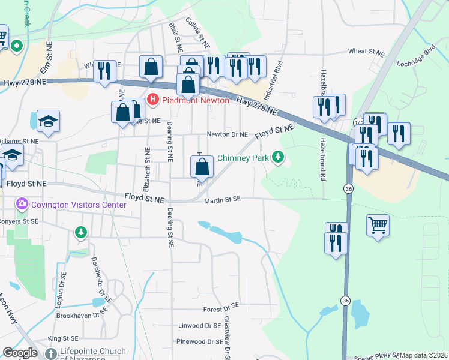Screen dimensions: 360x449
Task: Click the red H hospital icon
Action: pyautogui.click(x=153, y=100)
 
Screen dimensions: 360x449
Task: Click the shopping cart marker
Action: pyautogui.click(x=378, y=226)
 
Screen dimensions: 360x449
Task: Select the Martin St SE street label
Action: pyautogui.click(x=221, y=199)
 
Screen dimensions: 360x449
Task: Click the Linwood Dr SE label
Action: pyautogui.click(x=200, y=326)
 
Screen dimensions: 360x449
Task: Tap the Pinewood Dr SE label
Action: pyautogui.click(x=199, y=341)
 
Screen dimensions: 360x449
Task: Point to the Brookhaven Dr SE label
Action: pyautogui.click(x=80, y=315)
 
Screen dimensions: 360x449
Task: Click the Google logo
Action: pyautogui.click(x=19, y=353)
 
